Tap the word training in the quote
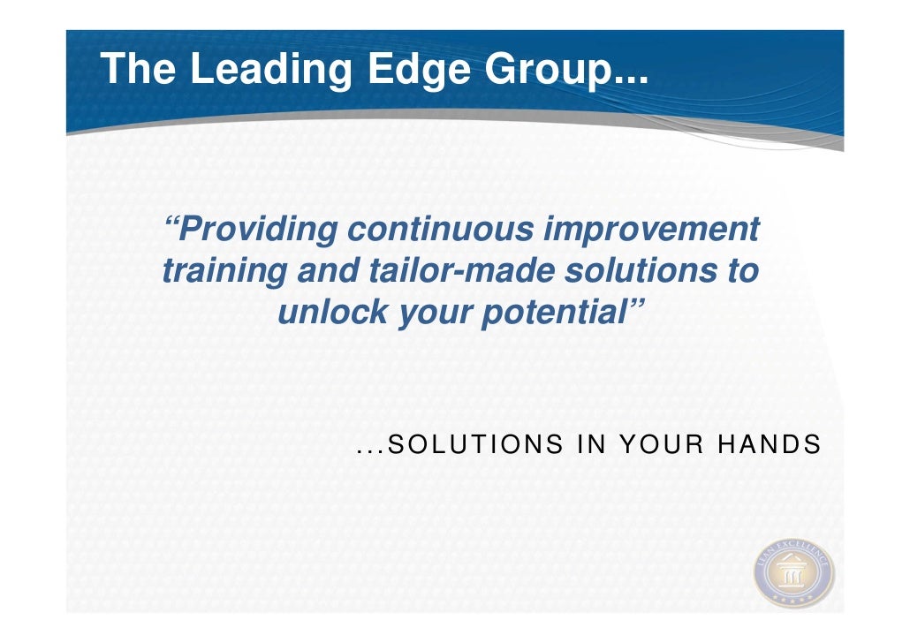224,271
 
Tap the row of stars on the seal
792,600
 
